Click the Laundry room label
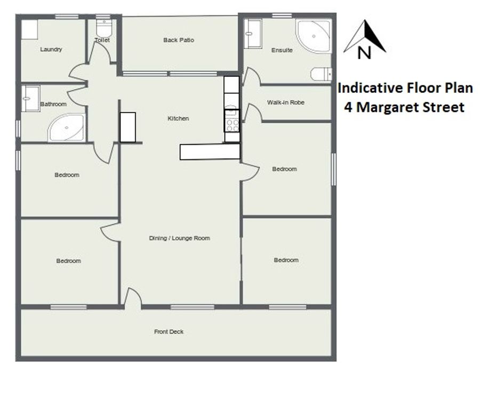(51, 49)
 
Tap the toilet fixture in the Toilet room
(104, 28)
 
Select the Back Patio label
(179, 40)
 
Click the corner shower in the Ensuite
(313, 36)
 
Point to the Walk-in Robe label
(286, 102)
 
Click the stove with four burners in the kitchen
(232, 121)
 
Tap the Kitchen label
(178, 118)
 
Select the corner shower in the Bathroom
(67, 128)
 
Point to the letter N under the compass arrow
(364, 52)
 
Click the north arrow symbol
(365, 36)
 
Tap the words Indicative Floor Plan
(405, 88)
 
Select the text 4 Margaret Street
(404, 107)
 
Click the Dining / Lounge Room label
(179, 238)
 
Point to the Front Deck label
(169, 331)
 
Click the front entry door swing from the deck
(133, 297)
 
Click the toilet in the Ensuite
(321, 74)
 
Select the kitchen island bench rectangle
(210, 152)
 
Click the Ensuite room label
(282, 50)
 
